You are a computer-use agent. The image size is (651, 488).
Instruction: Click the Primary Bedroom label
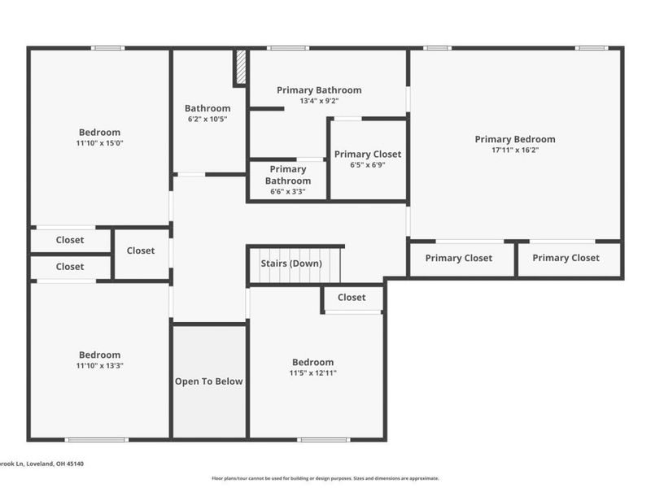pyautogui.click(x=515, y=139)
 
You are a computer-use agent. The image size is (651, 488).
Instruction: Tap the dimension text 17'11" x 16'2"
pyautogui.click(x=515, y=150)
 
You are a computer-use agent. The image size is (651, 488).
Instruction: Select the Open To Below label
pyautogui.click(x=208, y=381)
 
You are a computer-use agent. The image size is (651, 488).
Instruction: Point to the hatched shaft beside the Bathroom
pyautogui.click(x=240, y=68)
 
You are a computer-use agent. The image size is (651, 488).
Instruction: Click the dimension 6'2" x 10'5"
pyautogui.click(x=208, y=119)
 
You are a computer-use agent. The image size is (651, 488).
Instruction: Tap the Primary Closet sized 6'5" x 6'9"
pyautogui.click(x=368, y=159)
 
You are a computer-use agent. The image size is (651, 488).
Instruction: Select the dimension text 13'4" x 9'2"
pyautogui.click(x=319, y=101)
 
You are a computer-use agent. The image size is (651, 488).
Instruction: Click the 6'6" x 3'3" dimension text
pyautogui.click(x=288, y=192)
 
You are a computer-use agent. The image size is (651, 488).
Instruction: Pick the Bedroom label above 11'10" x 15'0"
pyautogui.click(x=99, y=133)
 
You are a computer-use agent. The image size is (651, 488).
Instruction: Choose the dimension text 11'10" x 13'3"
pyautogui.click(x=99, y=365)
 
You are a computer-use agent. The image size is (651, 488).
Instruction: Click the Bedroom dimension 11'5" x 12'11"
pyautogui.click(x=312, y=373)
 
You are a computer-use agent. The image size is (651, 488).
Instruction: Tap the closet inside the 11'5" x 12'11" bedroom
pyautogui.click(x=353, y=298)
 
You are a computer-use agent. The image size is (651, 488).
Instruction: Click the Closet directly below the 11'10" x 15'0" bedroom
pyautogui.click(x=71, y=240)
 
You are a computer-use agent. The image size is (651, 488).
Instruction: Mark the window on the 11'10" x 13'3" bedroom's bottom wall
pyautogui.click(x=96, y=439)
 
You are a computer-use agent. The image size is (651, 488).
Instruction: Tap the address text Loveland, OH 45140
pyautogui.click(x=55, y=464)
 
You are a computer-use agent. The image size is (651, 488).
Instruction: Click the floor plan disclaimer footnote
pyautogui.click(x=325, y=478)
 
